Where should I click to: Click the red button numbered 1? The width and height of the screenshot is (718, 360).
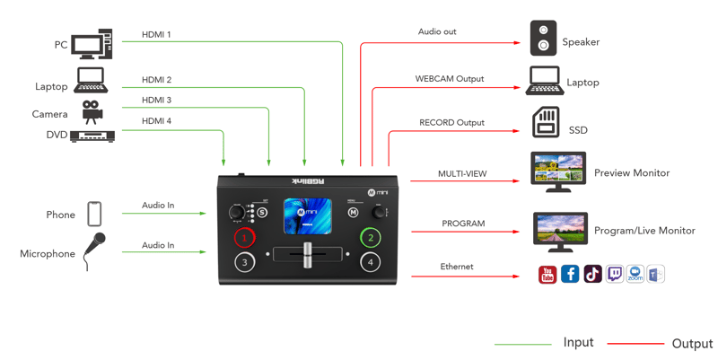pyautogui.click(x=244, y=238)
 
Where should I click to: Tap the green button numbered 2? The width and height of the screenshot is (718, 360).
pyautogui.click(x=371, y=237)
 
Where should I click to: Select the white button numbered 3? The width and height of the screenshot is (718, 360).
pyautogui.click(x=244, y=262)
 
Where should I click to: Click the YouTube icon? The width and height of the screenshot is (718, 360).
pyautogui.click(x=547, y=275)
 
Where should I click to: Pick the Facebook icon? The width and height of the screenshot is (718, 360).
pyautogui.click(x=570, y=274)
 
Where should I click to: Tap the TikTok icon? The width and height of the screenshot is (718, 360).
pyautogui.click(x=592, y=274)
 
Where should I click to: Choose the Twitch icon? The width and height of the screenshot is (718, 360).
pyautogui.click(x=615, y=274)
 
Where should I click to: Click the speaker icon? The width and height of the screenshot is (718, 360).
pyautogui.click(x=543, y=38)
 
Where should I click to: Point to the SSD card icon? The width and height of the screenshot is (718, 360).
pyautogui.click(x=546, y=122)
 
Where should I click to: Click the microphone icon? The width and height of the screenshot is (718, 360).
pyautogui.click(x=94, y=251)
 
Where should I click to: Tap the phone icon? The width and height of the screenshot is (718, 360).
pyautogui.click(x=94, y=214)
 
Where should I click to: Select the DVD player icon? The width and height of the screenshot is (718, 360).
pyautogui.click(x=92, y=136)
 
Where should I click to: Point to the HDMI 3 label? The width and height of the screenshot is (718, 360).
pyautogui.click(x=156, y=100)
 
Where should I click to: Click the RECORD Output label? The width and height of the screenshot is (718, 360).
pyautogui.click(x=451, y=123)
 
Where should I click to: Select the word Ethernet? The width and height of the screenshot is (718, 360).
pyautogui.click(x=457, y=267)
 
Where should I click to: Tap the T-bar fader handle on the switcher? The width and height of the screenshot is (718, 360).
pyautogui.click(x=308, y=254)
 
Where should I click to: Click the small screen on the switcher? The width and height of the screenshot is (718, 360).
pyautogui.click(x=307, y=216)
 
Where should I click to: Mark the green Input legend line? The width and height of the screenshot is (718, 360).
pyautogui.click(x=522, y=344)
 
